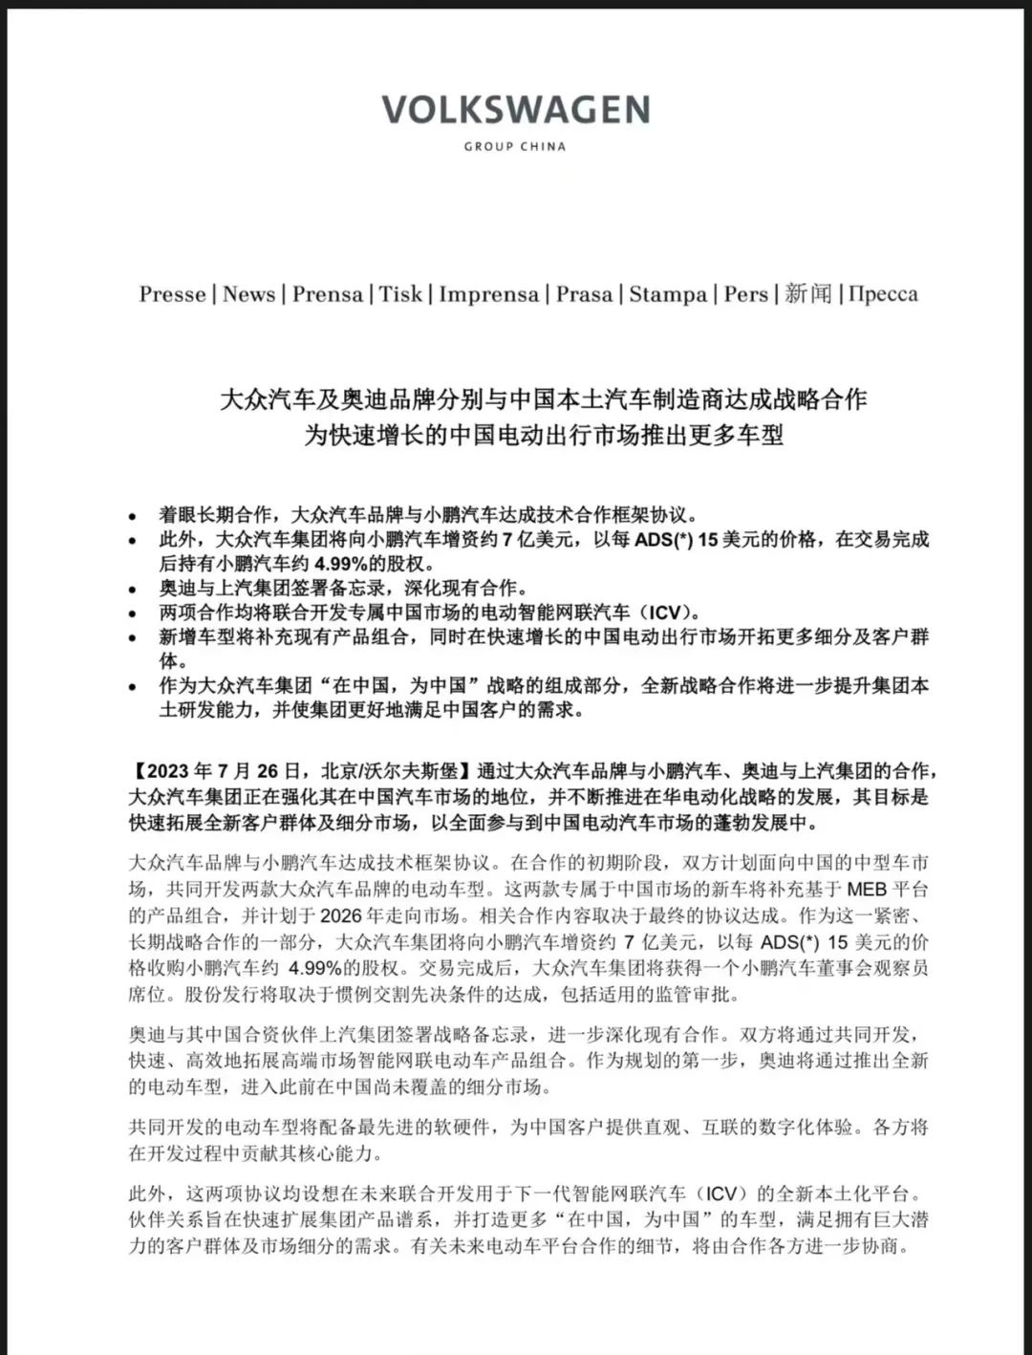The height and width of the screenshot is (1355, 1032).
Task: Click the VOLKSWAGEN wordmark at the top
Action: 516,110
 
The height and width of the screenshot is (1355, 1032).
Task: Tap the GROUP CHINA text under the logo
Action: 515,146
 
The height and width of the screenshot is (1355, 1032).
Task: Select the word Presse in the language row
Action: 173,294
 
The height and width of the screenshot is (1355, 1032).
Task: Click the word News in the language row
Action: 248,294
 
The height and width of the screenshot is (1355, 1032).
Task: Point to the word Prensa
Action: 327,294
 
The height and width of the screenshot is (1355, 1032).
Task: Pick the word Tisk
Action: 400,294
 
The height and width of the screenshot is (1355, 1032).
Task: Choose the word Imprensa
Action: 488,294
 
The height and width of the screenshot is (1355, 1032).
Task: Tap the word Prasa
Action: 584,294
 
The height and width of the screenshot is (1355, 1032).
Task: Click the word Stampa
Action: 668,294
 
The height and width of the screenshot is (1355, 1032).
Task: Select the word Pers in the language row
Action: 745,294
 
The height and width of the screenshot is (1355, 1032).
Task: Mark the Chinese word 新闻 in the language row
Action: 808,294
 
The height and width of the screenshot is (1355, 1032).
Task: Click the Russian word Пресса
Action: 883,294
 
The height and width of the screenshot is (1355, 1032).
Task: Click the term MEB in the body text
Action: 867,890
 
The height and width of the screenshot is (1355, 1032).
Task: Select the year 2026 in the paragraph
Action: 345,914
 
